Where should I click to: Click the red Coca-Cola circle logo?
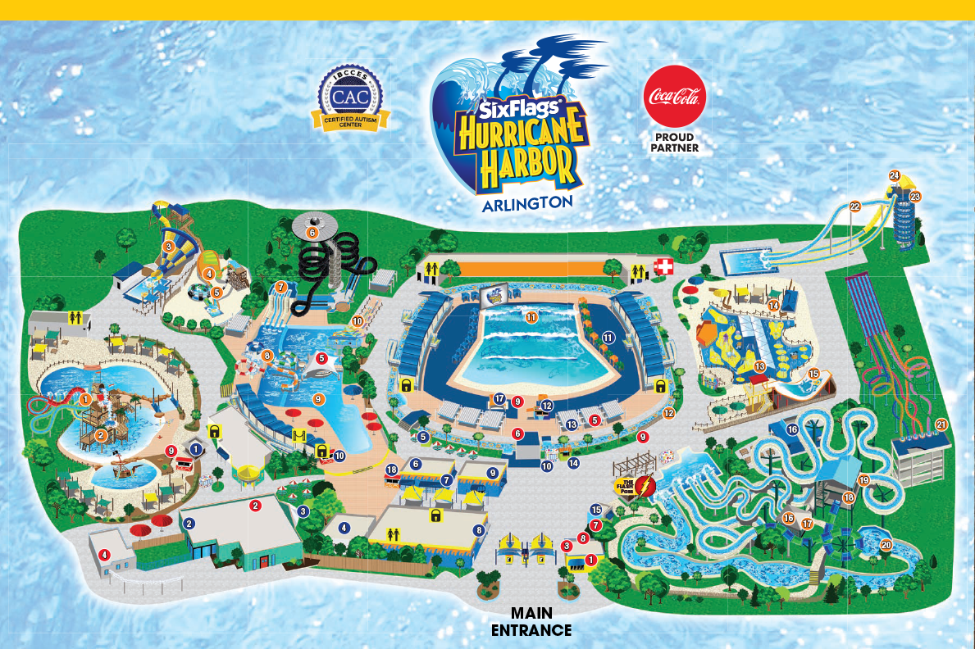[x=674, y=97]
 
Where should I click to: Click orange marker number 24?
[x=895, y=175]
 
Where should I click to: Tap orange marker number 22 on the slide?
[x=854, y=206]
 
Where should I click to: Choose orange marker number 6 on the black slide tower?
[x=312, y=233]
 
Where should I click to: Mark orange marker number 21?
[x=941, y=424]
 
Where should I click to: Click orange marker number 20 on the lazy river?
[x=886, y=545]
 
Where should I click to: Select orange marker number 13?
[x=759, y=366]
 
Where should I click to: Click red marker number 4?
[x=104, y=555]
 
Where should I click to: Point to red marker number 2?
[x=255, y=506]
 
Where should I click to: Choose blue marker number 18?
[x=392, y=470]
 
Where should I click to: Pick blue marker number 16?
[x=792, y=429]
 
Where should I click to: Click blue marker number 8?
[x=478, y=530]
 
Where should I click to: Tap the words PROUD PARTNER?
[x=674, y=143]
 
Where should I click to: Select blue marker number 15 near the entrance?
[x=596, y=510]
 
